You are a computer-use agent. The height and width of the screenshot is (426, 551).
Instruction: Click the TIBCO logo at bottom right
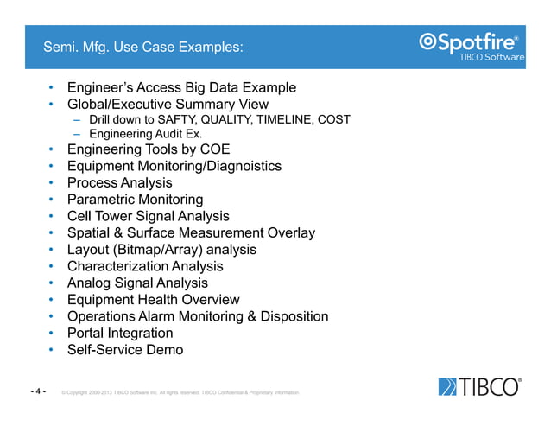pyautogui.click(x=479, y=387)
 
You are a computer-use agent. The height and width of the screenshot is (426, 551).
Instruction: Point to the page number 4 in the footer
pyautogui.click(x=39, y=391)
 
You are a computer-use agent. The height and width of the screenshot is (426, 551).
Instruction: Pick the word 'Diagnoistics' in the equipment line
pyautogui.click(x=240, y=166)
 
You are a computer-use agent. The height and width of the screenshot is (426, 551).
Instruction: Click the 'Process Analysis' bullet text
pyautogui.click(x=119, y=183)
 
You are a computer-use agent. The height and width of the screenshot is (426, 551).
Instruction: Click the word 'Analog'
pyautogui.click(x=89, y=283)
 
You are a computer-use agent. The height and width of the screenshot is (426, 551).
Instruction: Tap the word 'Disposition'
pyautogui.click(x=291, y=316)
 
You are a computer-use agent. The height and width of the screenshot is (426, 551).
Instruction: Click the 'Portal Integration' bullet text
pyautogui.click(x=119, y=333)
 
